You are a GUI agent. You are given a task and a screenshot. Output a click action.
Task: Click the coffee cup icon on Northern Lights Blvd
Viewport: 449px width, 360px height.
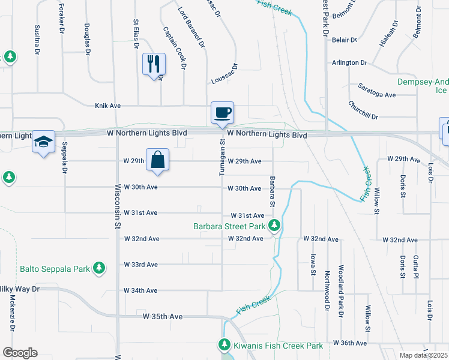[x=222, y=112]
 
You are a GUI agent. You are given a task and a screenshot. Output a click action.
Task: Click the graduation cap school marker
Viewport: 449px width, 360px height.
[x=43, y=142]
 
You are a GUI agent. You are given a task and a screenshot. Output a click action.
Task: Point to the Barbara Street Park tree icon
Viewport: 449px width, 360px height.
[x=274, y=226]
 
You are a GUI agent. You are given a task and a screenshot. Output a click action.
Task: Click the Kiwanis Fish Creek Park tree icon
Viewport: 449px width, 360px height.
[x=224, y=345]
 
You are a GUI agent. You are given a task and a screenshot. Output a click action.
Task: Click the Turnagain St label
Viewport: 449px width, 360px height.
[x=222, y=158]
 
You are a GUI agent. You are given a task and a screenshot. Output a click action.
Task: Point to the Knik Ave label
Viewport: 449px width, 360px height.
[x=108, y=106]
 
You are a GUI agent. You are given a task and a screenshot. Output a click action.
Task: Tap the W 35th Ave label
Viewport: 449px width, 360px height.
[x=163, y=316]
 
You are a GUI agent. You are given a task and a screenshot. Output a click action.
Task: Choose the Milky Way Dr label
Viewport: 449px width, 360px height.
[x=19, y=289]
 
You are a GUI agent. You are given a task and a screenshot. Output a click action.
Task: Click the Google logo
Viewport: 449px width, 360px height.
[x=20, y=353]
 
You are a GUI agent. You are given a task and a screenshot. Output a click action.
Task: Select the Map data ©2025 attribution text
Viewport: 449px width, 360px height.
[x=423, y=355]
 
